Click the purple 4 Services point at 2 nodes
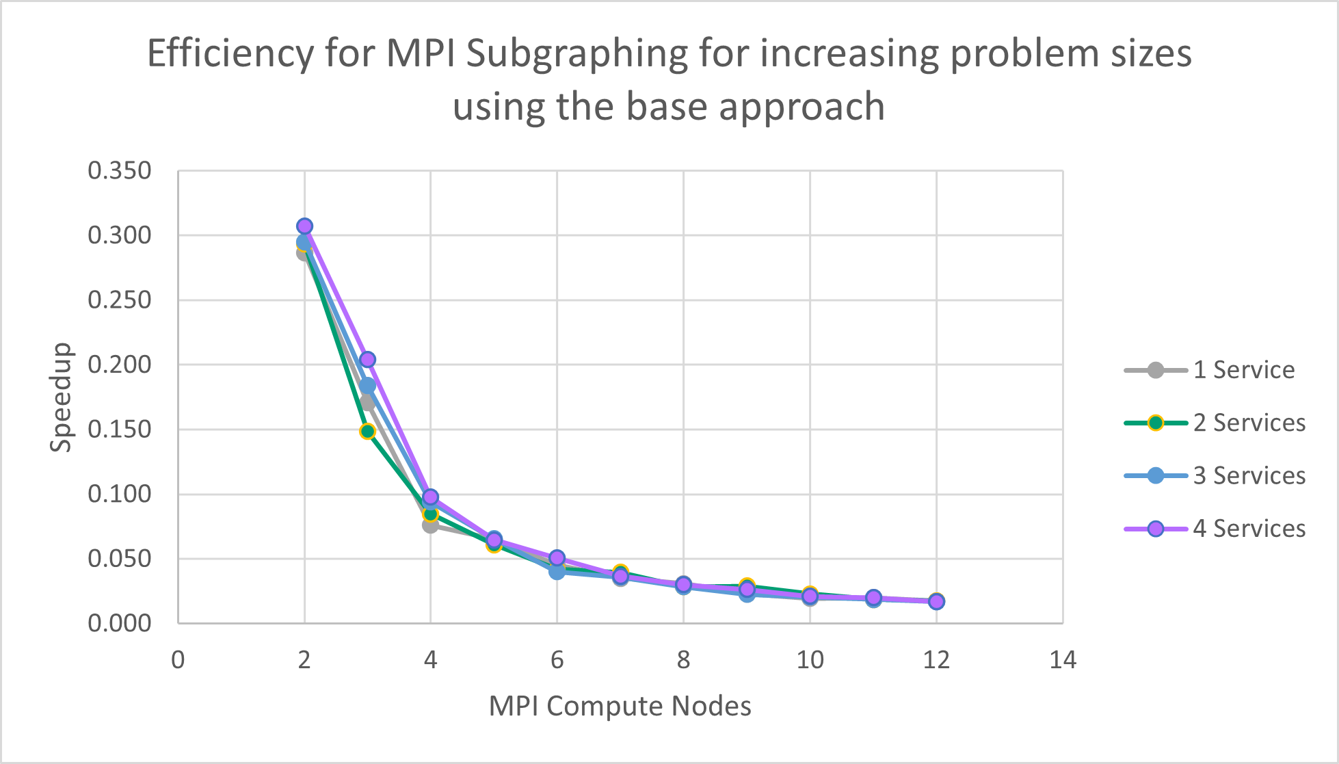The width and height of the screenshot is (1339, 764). (304, 226)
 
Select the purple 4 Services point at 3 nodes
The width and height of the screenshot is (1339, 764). (367, 359)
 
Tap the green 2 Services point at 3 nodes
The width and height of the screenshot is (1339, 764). (367, 431)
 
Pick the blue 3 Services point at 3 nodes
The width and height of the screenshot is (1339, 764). (367, 386)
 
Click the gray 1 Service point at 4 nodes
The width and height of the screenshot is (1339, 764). (430, 525)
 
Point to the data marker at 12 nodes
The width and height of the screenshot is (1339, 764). (936, 601)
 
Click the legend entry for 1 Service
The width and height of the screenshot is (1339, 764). (1243, 370)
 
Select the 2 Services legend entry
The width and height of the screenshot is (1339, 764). (1249, 423)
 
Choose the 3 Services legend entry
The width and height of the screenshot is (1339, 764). (1249, 475)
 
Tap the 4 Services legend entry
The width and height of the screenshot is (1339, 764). (1249, 528)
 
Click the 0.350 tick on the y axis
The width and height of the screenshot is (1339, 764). (120, 170)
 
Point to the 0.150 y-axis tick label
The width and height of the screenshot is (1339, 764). (120, 430)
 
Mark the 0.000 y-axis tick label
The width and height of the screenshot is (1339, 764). (120, 623)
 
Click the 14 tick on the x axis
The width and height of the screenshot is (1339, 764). (1063, 660)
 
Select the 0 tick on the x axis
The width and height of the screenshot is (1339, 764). (178, 660)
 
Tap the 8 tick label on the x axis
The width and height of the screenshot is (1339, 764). (683, 660)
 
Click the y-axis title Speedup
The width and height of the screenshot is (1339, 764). (61, 397)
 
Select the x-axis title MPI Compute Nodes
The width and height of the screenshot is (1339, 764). (620, 706)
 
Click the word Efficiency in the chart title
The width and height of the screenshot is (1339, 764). (230, 53)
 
